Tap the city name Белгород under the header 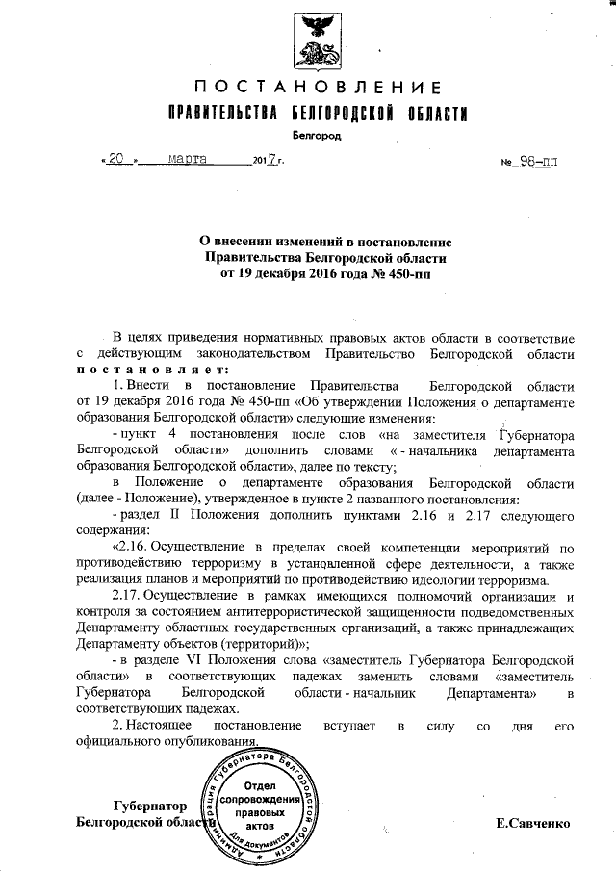pos(318,136)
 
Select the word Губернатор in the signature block pos(147,807)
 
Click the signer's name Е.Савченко pos(533,824)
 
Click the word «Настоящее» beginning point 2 pos(163,725)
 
